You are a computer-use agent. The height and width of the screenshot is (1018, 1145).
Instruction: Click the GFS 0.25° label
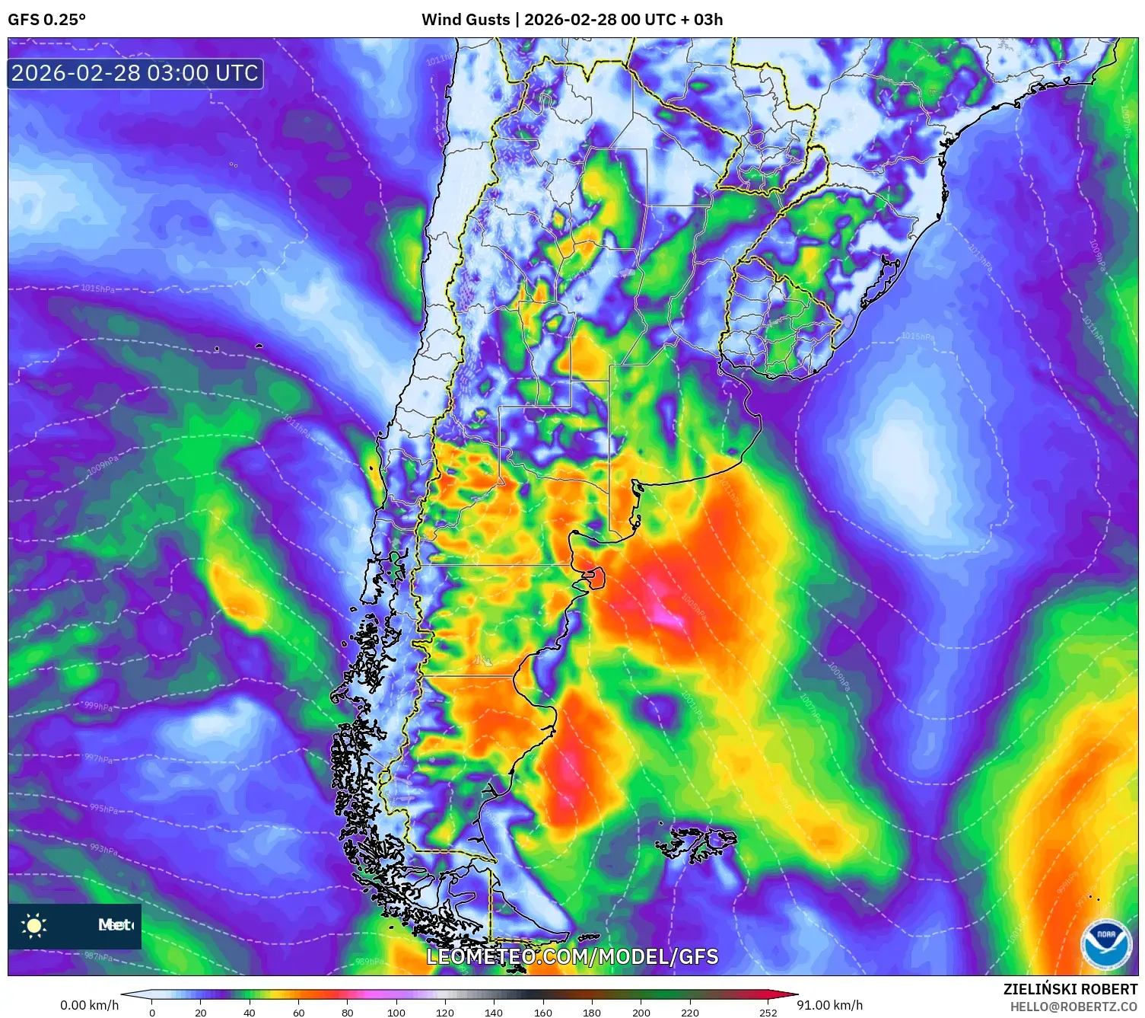46,20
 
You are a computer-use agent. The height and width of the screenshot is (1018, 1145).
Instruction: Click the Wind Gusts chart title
572,20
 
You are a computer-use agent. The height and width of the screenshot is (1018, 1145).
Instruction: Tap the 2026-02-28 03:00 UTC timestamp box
135,73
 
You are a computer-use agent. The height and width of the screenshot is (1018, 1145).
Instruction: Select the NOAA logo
1106,944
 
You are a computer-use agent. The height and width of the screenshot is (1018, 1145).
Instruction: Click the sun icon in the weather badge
34,926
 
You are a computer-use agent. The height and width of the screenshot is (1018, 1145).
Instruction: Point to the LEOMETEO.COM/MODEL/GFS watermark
572,956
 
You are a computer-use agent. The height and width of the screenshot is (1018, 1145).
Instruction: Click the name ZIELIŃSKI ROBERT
1070,990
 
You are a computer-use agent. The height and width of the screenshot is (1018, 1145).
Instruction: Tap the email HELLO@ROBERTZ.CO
1073,1007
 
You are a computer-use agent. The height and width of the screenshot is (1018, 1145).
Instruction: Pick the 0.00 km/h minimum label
90,1005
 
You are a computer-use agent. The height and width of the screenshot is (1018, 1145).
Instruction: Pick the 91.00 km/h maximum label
830,1005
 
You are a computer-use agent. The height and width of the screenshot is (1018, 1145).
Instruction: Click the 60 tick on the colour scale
298,1013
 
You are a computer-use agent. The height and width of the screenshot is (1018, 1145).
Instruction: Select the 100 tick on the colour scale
396,1013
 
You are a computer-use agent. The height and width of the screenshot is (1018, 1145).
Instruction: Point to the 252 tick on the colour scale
768,1013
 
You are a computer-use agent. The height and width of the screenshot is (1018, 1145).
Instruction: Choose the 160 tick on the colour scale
543,1013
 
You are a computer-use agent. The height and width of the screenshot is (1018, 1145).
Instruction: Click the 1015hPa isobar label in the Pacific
97,289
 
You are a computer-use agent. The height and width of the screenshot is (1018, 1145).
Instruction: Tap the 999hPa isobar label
98,707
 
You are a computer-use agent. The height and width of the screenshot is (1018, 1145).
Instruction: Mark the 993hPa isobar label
103,848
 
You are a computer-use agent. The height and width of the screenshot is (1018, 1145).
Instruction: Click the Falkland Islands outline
696,844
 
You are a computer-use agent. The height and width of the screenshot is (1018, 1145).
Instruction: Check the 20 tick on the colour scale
201,1013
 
